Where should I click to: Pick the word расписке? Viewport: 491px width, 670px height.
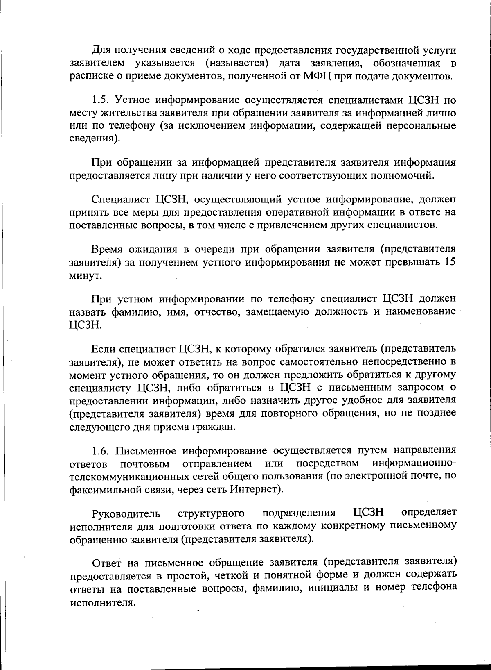click(87, 77)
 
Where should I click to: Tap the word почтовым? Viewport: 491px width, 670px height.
click(145, 464)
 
